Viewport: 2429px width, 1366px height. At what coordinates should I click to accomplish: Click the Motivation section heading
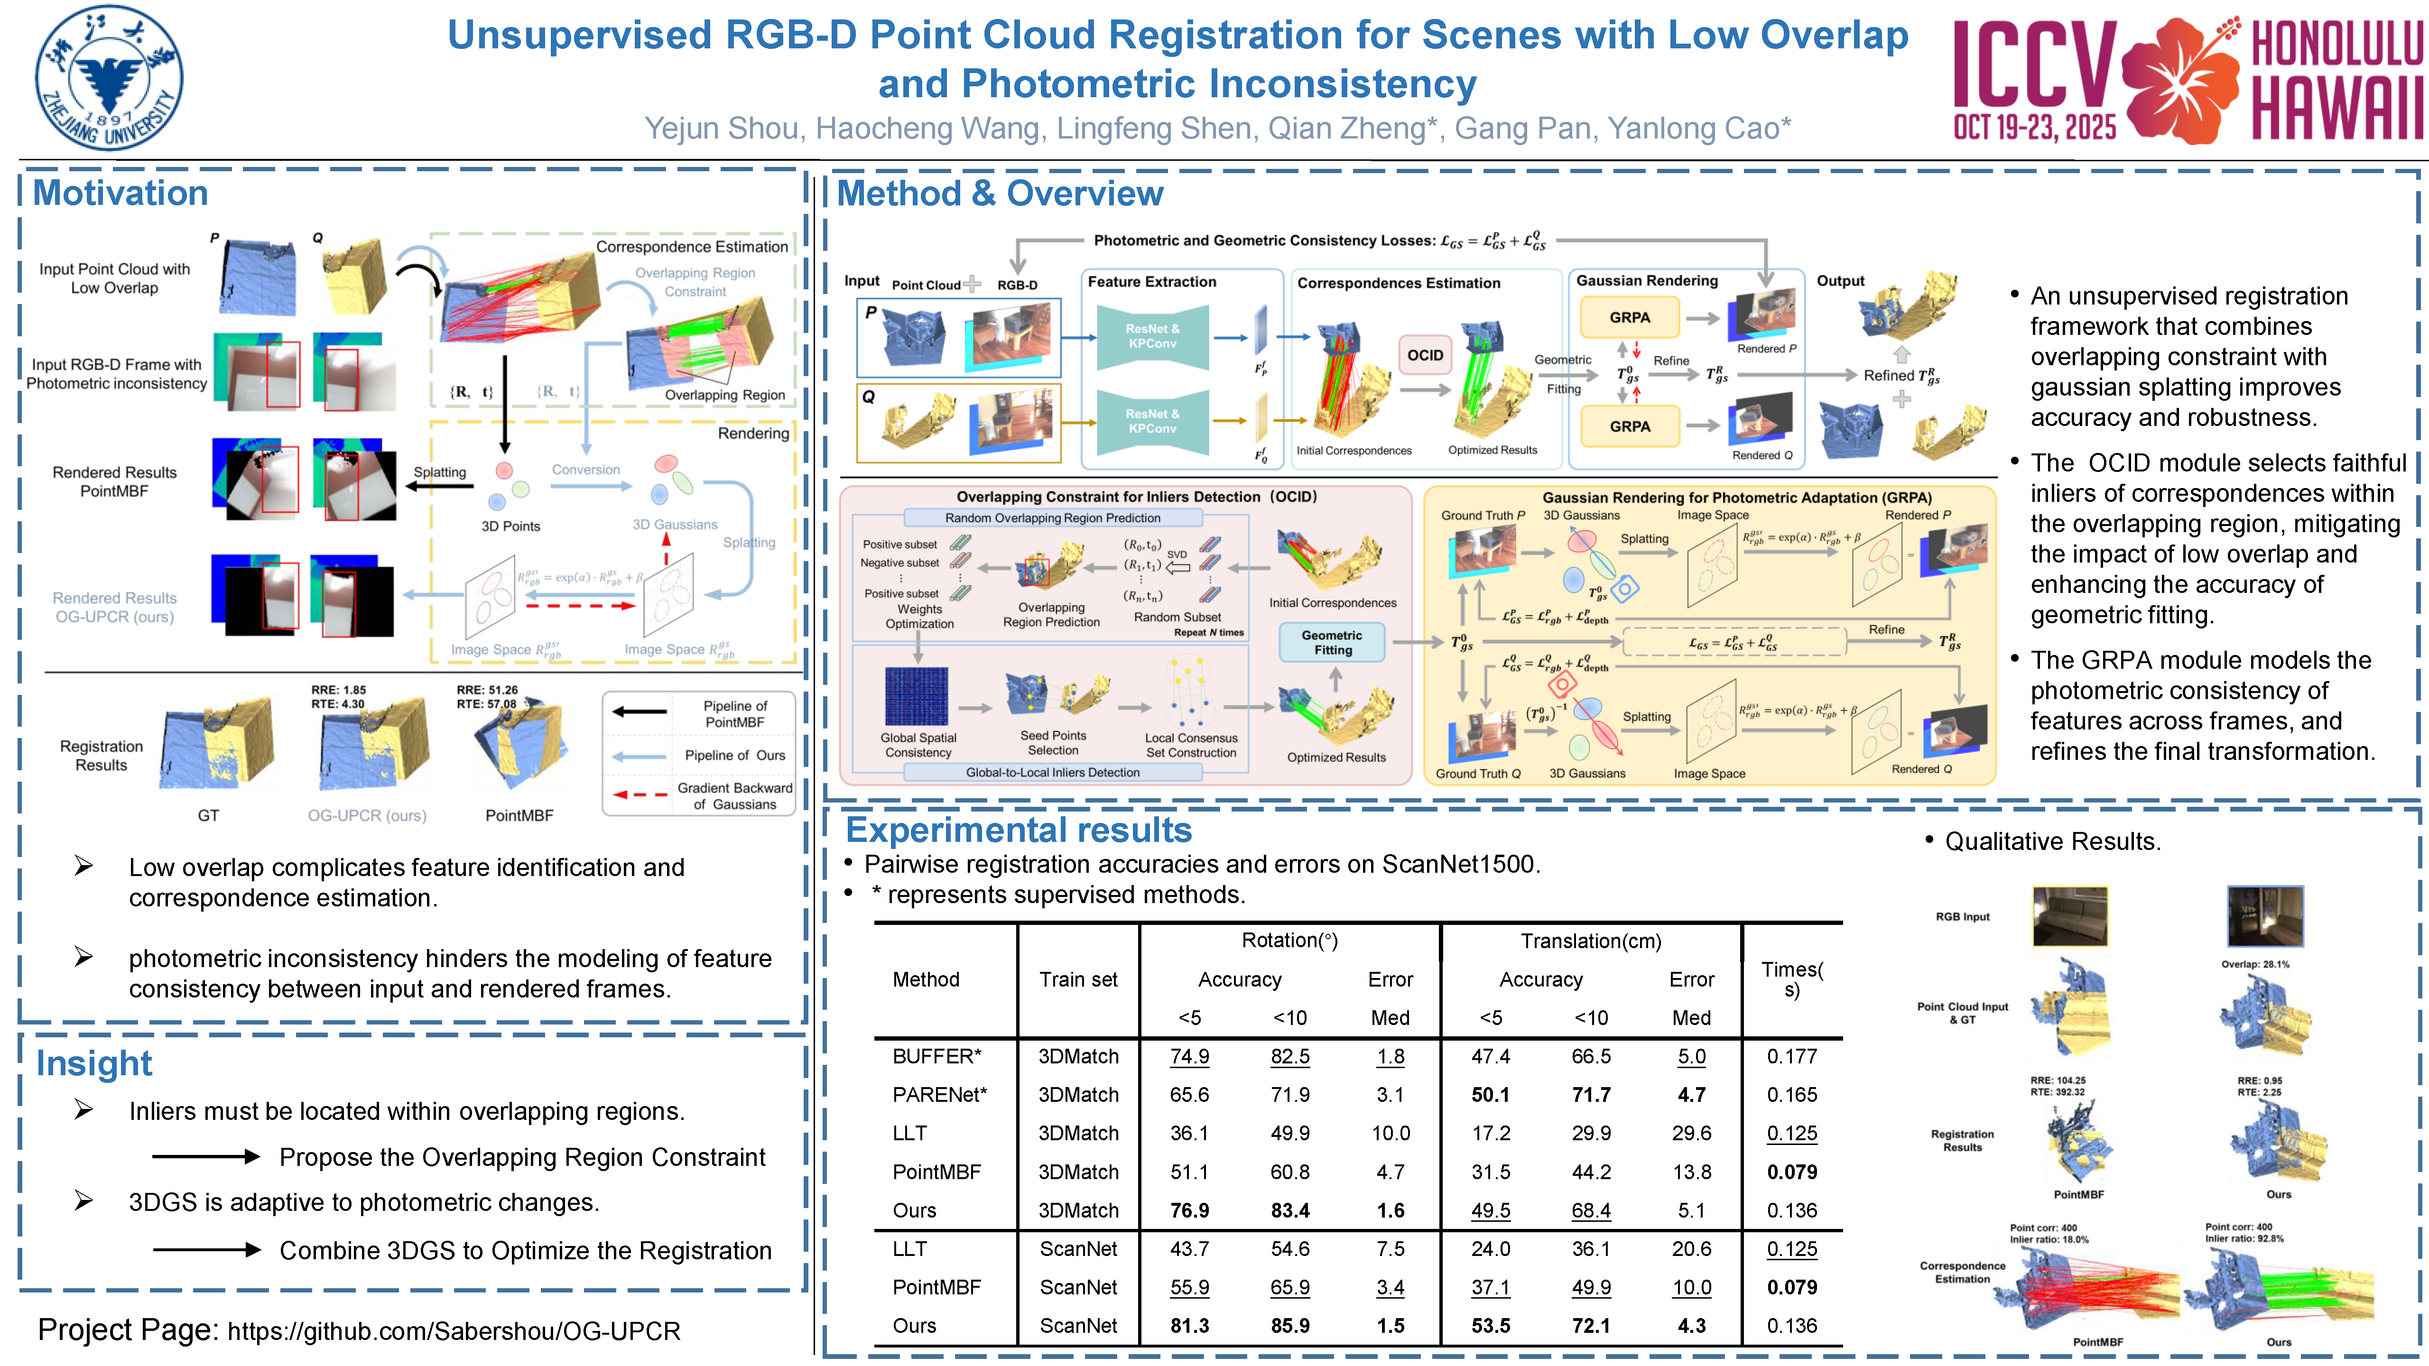pos(121,193)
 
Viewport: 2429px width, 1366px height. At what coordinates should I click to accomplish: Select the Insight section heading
pos(94,1063)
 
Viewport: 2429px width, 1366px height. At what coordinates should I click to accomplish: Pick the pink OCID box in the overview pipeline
pos(1425,355)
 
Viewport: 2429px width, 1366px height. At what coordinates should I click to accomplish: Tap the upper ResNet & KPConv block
pos(1152,337)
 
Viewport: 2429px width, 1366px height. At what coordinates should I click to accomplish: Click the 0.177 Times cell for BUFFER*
pos(1791,1057)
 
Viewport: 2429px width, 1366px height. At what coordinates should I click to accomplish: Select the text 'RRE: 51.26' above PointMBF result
pos(488,690)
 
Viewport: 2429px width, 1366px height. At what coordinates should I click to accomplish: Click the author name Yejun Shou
pos(723,128)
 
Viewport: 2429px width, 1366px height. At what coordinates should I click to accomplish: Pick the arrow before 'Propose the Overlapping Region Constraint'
pos(205,1157)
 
